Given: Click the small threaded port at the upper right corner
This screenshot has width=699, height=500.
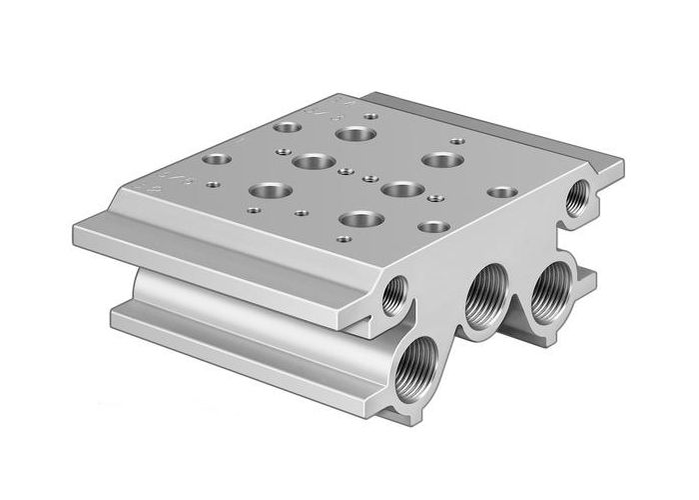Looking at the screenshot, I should [x=576, y=197].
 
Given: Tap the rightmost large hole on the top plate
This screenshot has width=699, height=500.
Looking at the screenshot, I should [x=436, y=160].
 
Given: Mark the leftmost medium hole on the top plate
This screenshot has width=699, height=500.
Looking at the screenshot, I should [x=216, y=159].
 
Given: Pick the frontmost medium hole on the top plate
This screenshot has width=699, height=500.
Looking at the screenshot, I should [x=432, y=227].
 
